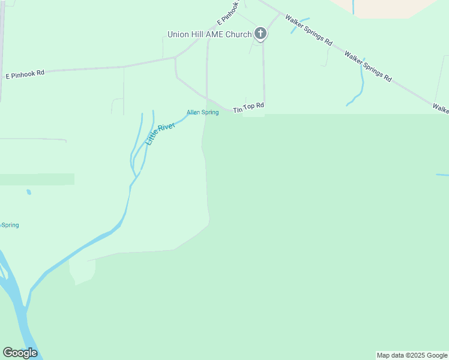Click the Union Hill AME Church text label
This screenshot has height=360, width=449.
[209, 34]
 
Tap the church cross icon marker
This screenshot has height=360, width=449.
[261, 34]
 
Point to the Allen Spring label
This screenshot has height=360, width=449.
[202, 112]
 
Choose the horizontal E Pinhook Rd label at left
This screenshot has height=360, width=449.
[25, 75]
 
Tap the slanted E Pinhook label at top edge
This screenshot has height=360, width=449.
[230, 12]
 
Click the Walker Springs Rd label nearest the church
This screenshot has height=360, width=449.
[309, 31]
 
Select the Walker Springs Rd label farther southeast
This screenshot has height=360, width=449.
[367, 66]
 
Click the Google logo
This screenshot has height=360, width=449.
[20, 353]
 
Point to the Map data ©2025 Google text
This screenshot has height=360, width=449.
[412, 355]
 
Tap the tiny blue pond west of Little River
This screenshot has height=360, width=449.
[28, 192]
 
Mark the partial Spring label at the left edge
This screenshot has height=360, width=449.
[10, 225]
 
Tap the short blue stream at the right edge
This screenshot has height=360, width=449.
[442, 175]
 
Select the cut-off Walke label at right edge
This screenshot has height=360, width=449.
[441, 109]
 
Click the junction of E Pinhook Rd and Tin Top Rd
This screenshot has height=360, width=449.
[175, 58]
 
